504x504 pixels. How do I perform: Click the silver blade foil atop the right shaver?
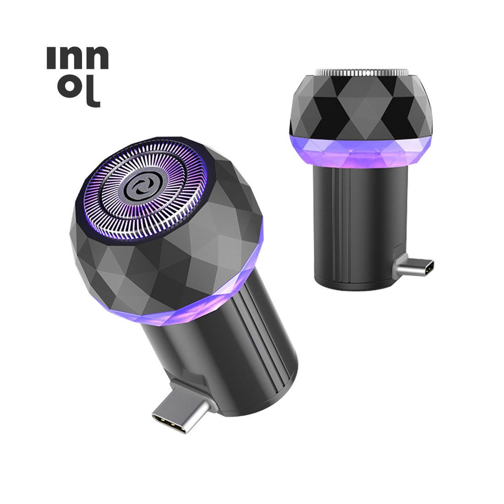click(x=362, y=73)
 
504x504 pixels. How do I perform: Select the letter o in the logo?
click(x=68, y=87)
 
